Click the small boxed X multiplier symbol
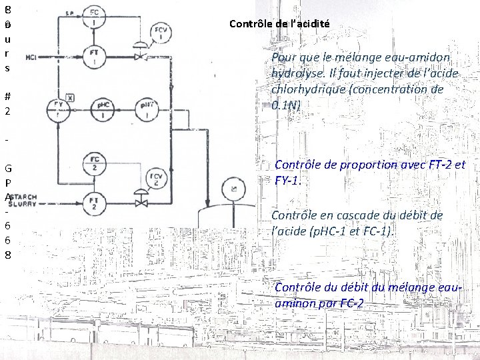[x=70, y=97]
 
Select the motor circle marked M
[x=233, y=192]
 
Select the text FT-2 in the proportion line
[x=437, y=165]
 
